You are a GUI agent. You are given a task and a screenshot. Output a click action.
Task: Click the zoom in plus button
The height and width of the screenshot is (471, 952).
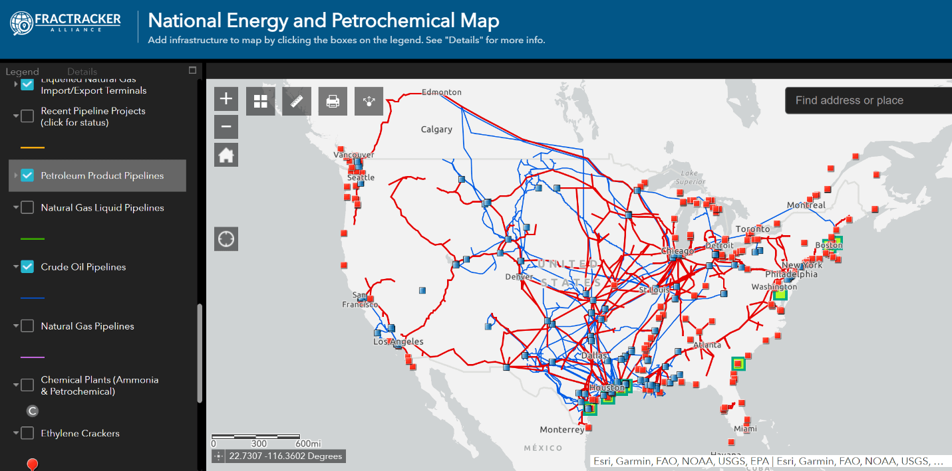[x=226, y=99]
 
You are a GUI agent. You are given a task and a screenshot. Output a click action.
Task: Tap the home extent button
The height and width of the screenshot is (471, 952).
[x=226, y=155]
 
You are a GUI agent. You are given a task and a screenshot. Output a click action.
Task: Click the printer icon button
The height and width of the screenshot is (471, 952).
[x=333, y=101]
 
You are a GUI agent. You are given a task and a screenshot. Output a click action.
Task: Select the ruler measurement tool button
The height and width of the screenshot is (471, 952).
[x=297, y=101]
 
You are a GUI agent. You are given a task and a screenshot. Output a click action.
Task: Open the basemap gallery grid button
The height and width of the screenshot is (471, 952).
[x=260, y=101]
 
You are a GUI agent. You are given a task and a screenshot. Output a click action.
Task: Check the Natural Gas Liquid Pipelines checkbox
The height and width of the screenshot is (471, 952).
[x=27, y=208]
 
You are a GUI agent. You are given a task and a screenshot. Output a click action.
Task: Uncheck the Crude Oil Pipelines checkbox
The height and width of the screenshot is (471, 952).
[x=27, y=266]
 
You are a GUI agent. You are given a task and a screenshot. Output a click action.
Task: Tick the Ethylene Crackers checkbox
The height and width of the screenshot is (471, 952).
[x=27, y=433]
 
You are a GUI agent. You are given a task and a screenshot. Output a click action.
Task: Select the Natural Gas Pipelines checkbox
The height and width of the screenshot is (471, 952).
[x=27, y=326]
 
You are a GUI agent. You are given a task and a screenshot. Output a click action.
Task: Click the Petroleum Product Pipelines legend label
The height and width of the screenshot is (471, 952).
[x=102, y=176]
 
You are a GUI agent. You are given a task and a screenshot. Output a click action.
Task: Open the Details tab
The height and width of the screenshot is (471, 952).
[x=82, y=72]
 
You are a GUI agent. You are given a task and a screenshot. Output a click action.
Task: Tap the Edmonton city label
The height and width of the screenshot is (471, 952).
[x=441, y=92]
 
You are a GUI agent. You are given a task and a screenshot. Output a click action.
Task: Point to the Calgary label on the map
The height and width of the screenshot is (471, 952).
[x=436, y=130]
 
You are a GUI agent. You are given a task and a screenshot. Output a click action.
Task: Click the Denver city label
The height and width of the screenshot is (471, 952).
[x=519, y=276]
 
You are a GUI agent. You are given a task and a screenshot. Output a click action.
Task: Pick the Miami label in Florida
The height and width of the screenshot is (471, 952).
[x=745, y=428]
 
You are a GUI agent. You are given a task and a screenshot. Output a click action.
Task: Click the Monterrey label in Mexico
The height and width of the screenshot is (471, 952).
[x=562, y=430]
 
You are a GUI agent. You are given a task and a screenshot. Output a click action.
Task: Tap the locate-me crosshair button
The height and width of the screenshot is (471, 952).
[x=226, y=238]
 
